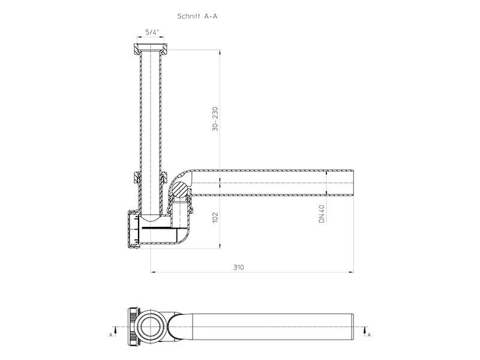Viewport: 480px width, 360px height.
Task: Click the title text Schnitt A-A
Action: (197, 16)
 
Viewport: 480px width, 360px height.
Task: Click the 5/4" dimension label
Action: (152, 32)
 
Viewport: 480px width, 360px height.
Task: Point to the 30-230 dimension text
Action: (215, 119)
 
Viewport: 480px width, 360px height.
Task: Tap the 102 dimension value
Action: (215, 217)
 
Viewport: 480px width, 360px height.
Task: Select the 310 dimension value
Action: (238, 267)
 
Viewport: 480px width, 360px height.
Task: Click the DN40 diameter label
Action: (322, 214)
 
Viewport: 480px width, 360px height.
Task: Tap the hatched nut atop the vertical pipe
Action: (151, 49)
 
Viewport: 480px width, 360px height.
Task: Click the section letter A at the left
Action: (111, 335)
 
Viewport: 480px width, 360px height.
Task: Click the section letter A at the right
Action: (369, 335)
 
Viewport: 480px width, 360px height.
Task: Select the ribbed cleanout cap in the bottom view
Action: (134, 326)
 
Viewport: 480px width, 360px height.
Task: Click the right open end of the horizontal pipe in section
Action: (353, 183)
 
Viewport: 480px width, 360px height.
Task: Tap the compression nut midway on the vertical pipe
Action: (151, 178)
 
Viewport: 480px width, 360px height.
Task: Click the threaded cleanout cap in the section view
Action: (134, 229)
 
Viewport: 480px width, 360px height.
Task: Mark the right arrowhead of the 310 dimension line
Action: (351, 272)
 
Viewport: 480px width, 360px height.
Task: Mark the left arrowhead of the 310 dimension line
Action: (154, 272)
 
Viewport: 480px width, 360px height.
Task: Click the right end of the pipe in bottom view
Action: (353, 326)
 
